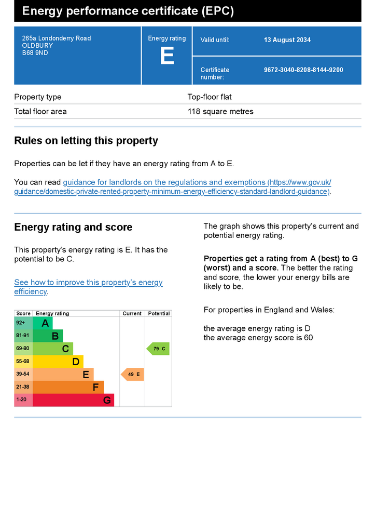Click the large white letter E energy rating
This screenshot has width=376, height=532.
coord(167,56)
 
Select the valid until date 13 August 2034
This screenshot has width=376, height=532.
coord(287,39)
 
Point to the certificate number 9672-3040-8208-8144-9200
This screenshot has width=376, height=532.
coord(303,70)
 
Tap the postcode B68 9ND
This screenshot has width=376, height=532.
coord(35,53)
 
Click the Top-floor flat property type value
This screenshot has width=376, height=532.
coord(210,97)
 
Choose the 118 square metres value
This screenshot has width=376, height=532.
coord(220,112)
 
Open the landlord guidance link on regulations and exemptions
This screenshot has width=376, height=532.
coord(173,187)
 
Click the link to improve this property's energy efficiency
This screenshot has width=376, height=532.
coord(88,287)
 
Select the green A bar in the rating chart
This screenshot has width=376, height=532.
coord(43,323)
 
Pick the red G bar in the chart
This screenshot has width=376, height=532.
coord(74,400)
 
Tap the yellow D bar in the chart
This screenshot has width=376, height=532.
coord(58,362)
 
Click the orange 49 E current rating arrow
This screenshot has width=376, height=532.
coord(132,375)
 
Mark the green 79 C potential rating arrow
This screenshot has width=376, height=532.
coord(158,349)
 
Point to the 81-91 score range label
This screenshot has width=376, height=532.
coord(23,336)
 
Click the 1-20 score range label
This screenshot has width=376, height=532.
coord(21,400)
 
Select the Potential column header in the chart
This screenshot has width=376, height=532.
coord(159,313)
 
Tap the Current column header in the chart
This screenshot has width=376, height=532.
coord(132,313)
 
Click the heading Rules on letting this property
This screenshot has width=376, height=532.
coord(86,140)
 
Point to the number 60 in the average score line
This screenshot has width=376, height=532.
coord(308,338)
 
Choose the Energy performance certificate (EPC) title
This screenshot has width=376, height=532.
coord(128,11)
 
